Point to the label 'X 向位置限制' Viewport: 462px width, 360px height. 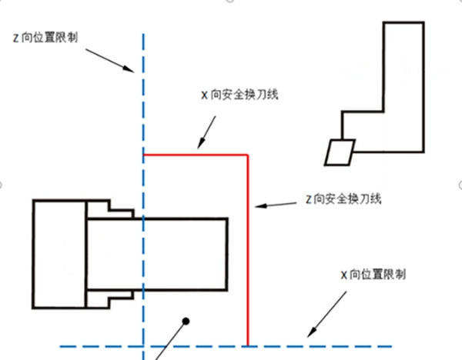pos(374,274)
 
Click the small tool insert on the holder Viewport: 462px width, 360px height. pos(338,151)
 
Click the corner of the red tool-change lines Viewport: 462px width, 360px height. pos(247,155)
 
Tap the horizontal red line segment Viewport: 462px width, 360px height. pos(196,155)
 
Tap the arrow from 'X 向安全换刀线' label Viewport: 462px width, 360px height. pos(209,131)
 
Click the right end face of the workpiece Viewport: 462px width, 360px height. pos(227,253)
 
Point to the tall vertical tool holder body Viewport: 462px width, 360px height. pos(403,85)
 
